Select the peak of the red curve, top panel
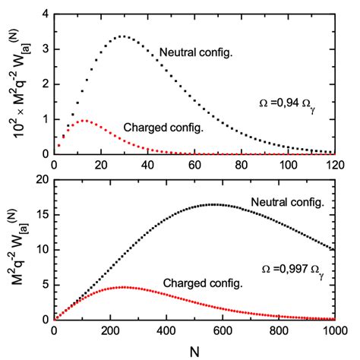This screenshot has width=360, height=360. [x=84, y=120]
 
